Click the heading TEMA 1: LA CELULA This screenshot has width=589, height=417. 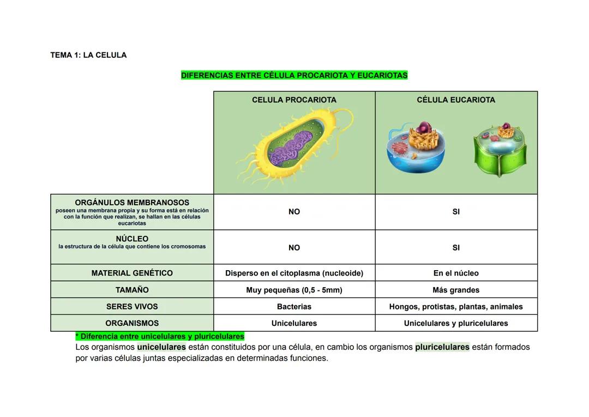88,55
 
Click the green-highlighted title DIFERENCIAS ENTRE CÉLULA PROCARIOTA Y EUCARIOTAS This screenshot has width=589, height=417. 294,75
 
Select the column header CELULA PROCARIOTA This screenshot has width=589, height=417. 294,100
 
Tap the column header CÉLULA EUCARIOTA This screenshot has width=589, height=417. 456,100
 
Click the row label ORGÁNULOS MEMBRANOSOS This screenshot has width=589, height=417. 132,202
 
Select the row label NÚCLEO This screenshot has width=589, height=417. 132,239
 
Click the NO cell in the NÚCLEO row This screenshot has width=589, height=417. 294,248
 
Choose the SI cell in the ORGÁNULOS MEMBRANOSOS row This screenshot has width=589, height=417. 456,212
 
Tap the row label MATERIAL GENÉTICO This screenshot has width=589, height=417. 132,273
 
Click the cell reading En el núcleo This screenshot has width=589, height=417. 456,273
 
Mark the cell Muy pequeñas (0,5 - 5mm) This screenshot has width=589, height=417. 294,290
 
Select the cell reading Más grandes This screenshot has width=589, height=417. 456,290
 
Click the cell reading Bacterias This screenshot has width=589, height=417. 294,307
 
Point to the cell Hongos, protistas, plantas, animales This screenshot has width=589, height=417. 456,307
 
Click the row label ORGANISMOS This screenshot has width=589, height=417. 132,323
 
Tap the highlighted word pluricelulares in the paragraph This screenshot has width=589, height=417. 442,347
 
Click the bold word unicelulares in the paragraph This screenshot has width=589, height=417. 161,347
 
